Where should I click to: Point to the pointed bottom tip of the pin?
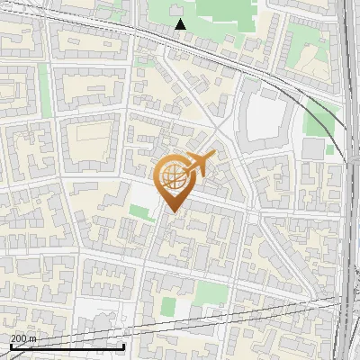(172, 211)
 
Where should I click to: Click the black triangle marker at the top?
(181, 24)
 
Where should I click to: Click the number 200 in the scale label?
(18, 338)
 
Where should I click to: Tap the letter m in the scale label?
(32, 338)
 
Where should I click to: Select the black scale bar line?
(67, 346)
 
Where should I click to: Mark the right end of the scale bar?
(123, 346)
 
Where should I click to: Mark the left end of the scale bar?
(10, 346)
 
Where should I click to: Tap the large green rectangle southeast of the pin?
(210, 292)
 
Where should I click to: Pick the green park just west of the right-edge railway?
(319, 117)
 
